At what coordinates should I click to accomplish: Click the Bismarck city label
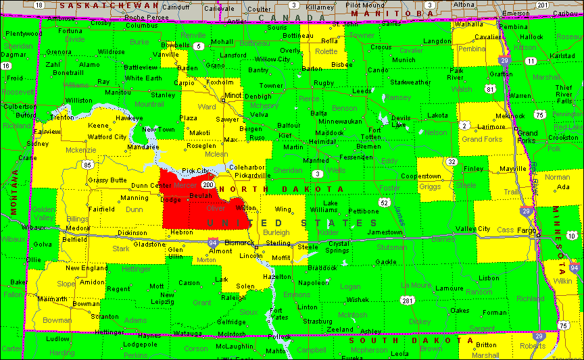click(x=239, y=242)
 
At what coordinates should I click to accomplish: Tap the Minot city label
click(x=233, y=95)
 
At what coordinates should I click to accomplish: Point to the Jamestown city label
click(x=384, y=232)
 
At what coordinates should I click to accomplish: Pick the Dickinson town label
click(x=132, y=233)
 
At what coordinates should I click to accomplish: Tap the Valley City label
click(x=472, y=229)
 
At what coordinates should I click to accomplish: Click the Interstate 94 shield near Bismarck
click(x=212, y=242)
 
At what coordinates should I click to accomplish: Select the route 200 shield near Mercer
click(x=208, y=184)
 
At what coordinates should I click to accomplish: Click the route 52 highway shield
click(x=384, y=202)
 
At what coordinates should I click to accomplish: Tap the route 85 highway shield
click(x=87, y=164)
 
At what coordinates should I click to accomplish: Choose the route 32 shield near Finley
click(x=451, y=161)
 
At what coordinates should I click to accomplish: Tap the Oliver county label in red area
click(x=216, y=208)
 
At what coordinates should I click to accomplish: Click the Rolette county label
click(x=326, y=51)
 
